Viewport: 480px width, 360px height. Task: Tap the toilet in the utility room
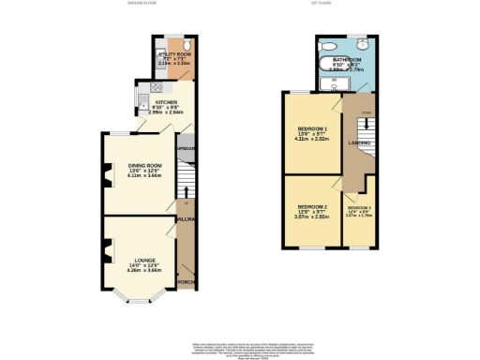pos(187,46)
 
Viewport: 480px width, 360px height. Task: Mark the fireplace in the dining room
pos(108,173)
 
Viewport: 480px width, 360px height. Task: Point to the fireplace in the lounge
pos(108,250)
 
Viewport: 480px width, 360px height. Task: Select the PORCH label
pos(186,280)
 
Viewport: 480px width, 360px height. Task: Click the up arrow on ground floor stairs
pos(186,192)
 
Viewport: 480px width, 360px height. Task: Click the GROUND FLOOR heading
pos(143,4)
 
